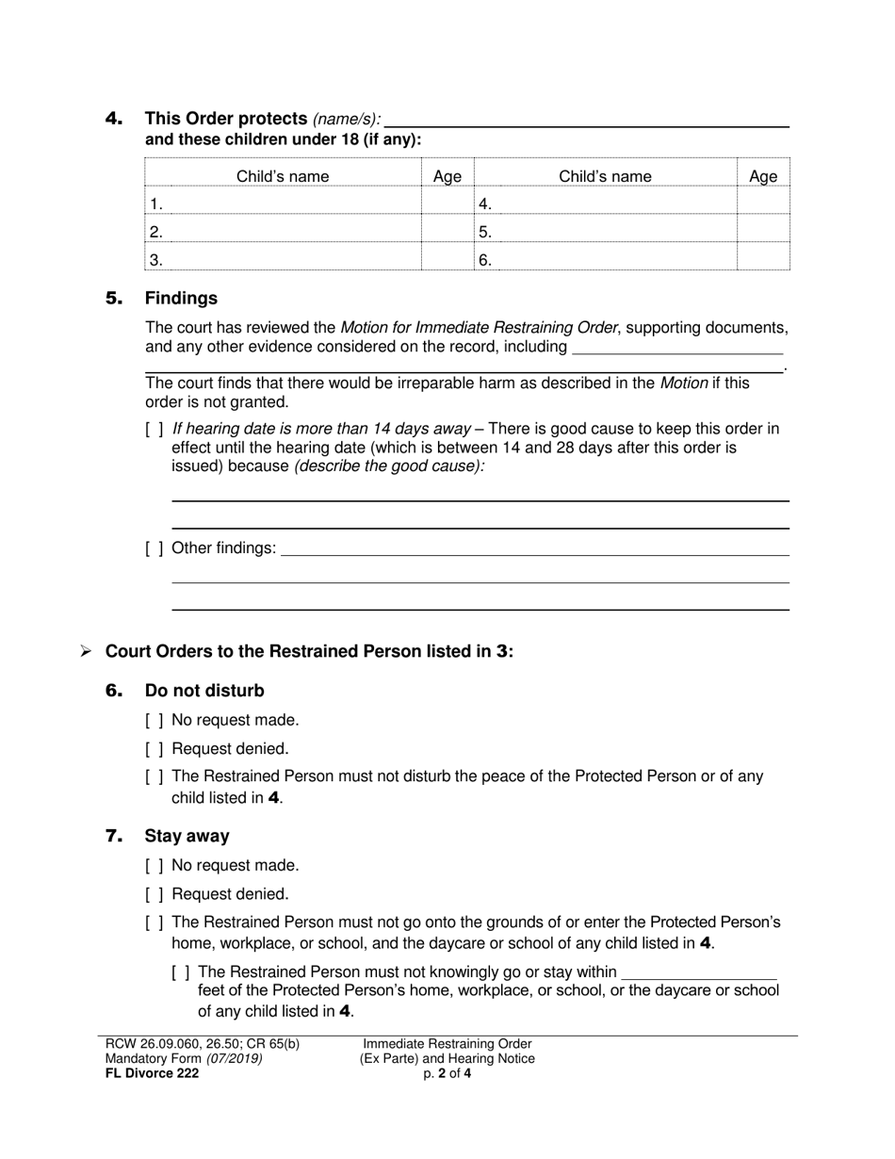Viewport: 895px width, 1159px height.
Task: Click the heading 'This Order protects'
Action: pyautogui.click(x=225, y=119)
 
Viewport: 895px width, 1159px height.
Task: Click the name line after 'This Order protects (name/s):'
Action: pyautogui.click(x=586, y=120)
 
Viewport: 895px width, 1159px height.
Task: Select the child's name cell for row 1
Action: pyautogui.click(x=283, y=204)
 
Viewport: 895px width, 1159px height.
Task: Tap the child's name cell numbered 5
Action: pyautogui.click(x=605, y=232)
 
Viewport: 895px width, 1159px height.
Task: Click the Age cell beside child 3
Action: pyautogui.click(x=447, y=259)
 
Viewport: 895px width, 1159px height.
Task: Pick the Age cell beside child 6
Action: pyautogui.click(x=762, y=259)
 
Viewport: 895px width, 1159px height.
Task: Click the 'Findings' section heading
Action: pyautogui.click(x=181, y=298)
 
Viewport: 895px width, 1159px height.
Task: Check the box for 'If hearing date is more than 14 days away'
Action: pyautogui.click(x=155, y=430)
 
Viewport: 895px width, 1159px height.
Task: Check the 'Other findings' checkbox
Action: pyautogui.click(x=155, y=548)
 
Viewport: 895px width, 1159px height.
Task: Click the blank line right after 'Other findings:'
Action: pyautogui.click(x=534, y=548)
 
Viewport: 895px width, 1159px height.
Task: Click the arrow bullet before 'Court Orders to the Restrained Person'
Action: pyautogui.click(x=85, y=651)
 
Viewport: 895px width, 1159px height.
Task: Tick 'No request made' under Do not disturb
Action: pyautogui.click(x=155, y=721)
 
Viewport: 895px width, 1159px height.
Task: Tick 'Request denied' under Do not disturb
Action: pyautogui.click(x=155, y=750)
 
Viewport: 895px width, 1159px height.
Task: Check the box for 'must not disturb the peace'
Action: pyautogui.click(x=155, y=777)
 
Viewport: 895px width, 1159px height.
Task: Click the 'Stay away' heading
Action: pyautogui.click(x=187, y=836)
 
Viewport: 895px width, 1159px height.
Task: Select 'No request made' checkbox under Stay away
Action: pyautogui.click(x=155, y=866)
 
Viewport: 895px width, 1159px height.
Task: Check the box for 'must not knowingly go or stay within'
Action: pyautogui.click(x=181, y=972)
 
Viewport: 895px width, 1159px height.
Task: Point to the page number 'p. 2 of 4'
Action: pyautogui.click(x=447, y=1072)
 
